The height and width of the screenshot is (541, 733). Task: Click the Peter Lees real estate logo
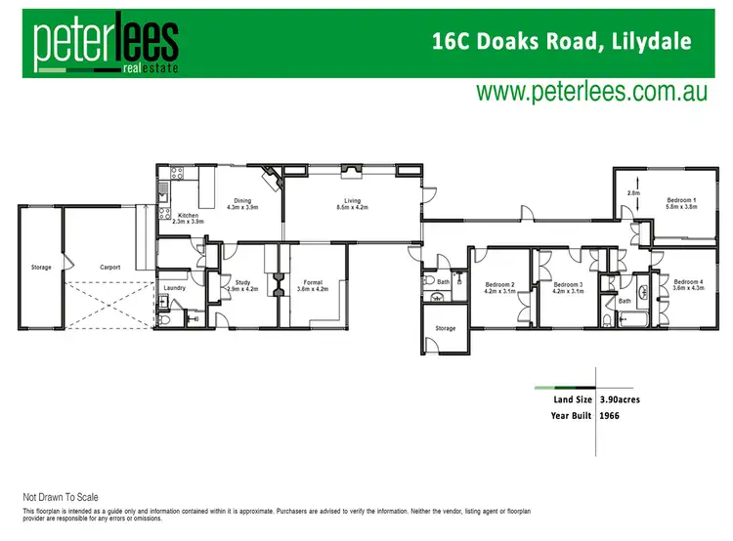(106, 44)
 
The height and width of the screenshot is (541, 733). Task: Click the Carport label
(109, 266)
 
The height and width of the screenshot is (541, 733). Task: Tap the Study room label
(242, 285)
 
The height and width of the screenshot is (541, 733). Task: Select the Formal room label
(313, 285)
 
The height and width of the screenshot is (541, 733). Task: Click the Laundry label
(175, 287)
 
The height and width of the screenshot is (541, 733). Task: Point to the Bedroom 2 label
(499, 287)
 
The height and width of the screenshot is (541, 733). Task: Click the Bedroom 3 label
(567, 287)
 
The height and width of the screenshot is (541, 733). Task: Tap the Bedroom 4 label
(688, 284)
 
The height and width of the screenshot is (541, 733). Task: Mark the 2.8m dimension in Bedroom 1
(632, 193)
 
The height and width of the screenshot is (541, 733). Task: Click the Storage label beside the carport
(40, 266)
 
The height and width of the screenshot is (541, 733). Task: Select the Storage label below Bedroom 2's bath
(446, 328)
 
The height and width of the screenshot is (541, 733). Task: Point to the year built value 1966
(610, 415)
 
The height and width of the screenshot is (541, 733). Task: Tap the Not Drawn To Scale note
(61, 497)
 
